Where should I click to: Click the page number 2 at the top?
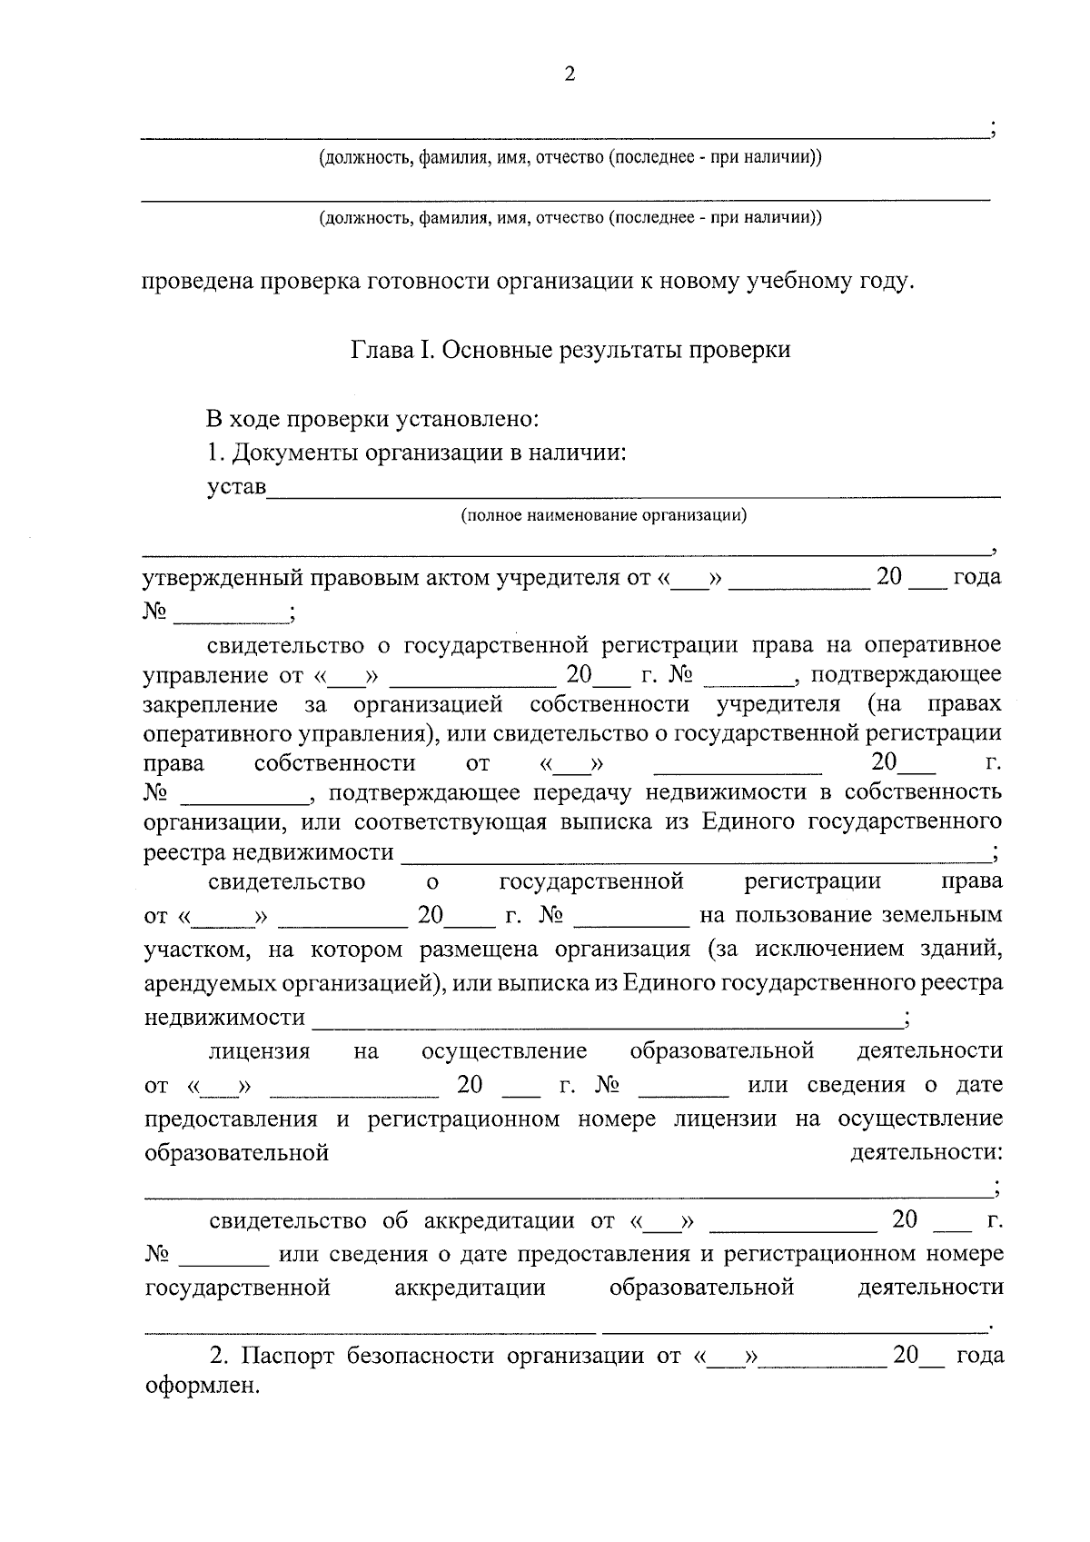(570, 75)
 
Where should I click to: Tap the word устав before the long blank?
(236, 487)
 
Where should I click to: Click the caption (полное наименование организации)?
(603, 516)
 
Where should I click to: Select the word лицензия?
(259, 1051)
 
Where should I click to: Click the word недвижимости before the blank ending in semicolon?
(224, 1017)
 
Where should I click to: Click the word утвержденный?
(222, 578)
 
